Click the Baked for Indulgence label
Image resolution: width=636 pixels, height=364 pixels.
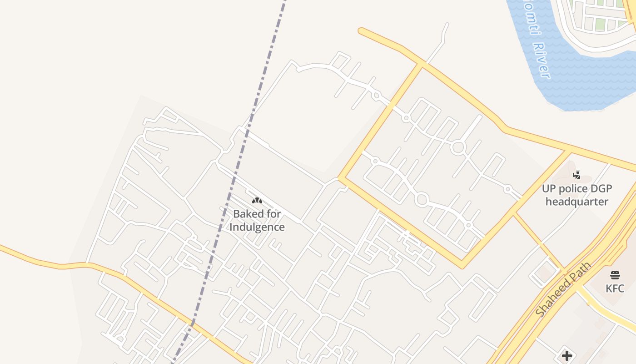pos(257,220)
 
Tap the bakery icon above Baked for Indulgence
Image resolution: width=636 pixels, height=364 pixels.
pos(257,200)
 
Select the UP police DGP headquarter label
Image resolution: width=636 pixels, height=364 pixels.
pos(577,195)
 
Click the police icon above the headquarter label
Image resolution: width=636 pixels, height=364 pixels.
pos(577,175)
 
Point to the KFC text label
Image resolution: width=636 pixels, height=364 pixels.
pos(615,288)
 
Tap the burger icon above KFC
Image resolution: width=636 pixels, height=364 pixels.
pos(615,275)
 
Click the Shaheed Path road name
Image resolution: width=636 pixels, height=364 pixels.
pos(563,289)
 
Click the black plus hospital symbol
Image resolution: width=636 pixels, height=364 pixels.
pos(566,355)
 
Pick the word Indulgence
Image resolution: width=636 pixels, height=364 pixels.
pos(257,227)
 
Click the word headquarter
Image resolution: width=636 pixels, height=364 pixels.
pos(577,202)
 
